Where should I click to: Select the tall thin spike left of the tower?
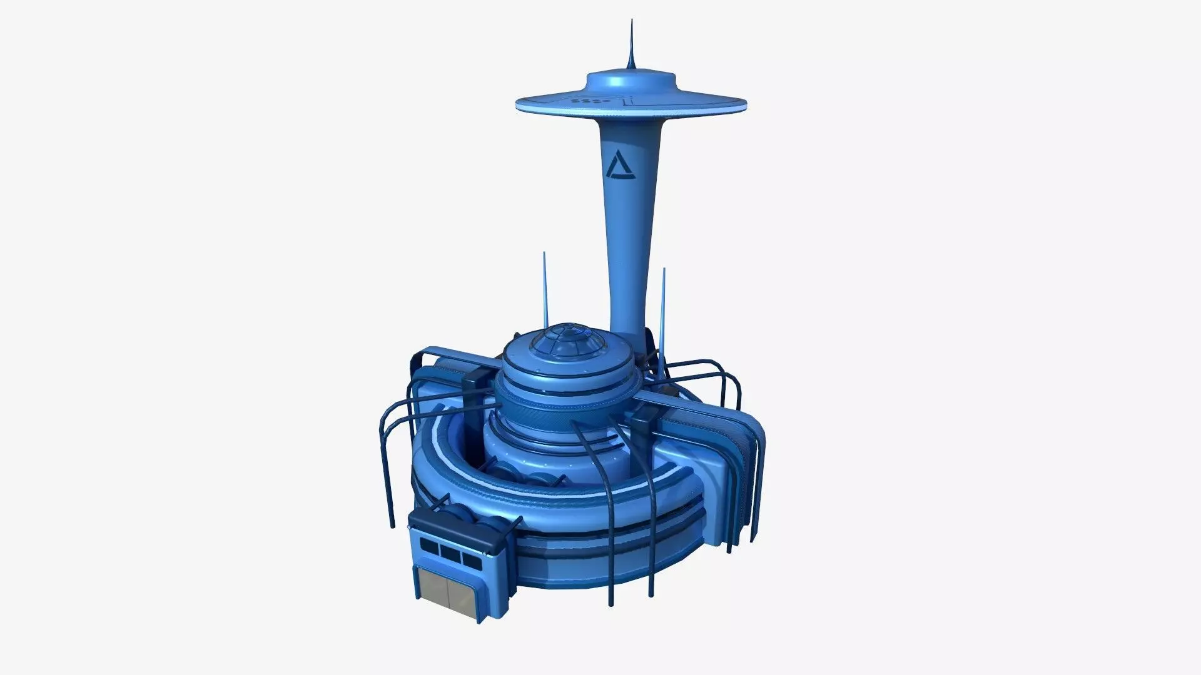point(544,287)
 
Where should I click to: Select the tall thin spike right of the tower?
point(664,300)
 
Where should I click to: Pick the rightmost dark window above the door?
point(469,557)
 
